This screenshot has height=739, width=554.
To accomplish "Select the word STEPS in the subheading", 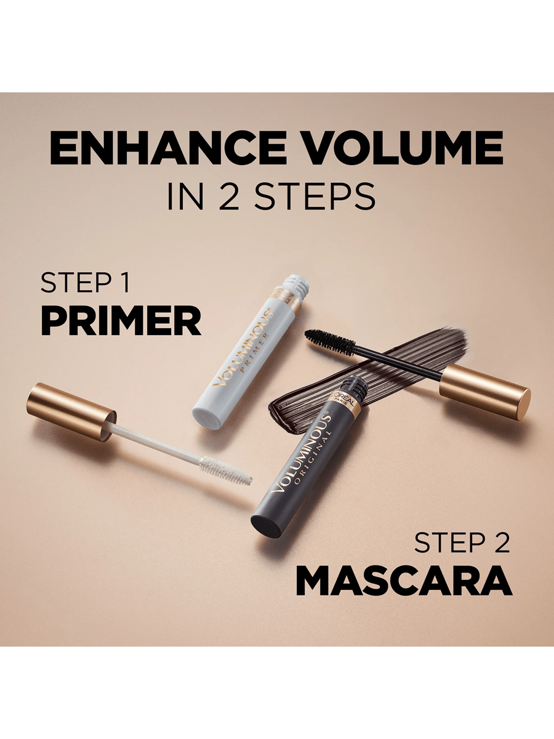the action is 315,196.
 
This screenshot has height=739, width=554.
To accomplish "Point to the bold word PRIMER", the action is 121,320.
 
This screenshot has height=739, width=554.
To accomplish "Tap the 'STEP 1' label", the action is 85,283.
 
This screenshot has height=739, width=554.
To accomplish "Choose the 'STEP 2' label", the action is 462,542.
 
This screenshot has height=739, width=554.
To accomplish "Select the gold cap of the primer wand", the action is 71,411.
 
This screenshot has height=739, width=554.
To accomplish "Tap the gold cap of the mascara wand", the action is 484,392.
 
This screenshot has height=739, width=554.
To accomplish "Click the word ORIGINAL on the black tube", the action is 313,460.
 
